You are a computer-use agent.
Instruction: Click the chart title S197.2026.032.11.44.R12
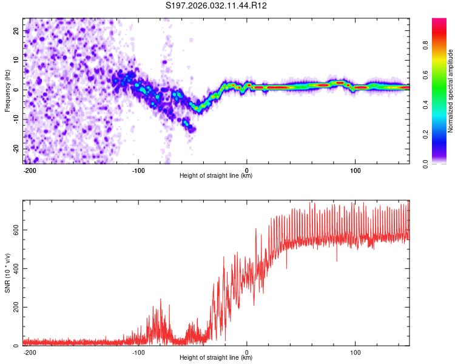click(217, 5)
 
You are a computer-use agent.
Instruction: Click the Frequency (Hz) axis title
click(7, 90)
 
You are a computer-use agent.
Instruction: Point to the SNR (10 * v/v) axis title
click(7, 272)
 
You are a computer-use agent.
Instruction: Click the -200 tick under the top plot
click(30, 169)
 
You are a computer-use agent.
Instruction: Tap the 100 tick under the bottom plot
click(355, 351)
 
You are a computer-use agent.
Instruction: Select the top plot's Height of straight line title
click(216, 176)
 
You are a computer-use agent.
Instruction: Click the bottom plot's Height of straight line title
click(216, 358)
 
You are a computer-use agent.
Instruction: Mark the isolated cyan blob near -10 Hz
click(187, 124)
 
